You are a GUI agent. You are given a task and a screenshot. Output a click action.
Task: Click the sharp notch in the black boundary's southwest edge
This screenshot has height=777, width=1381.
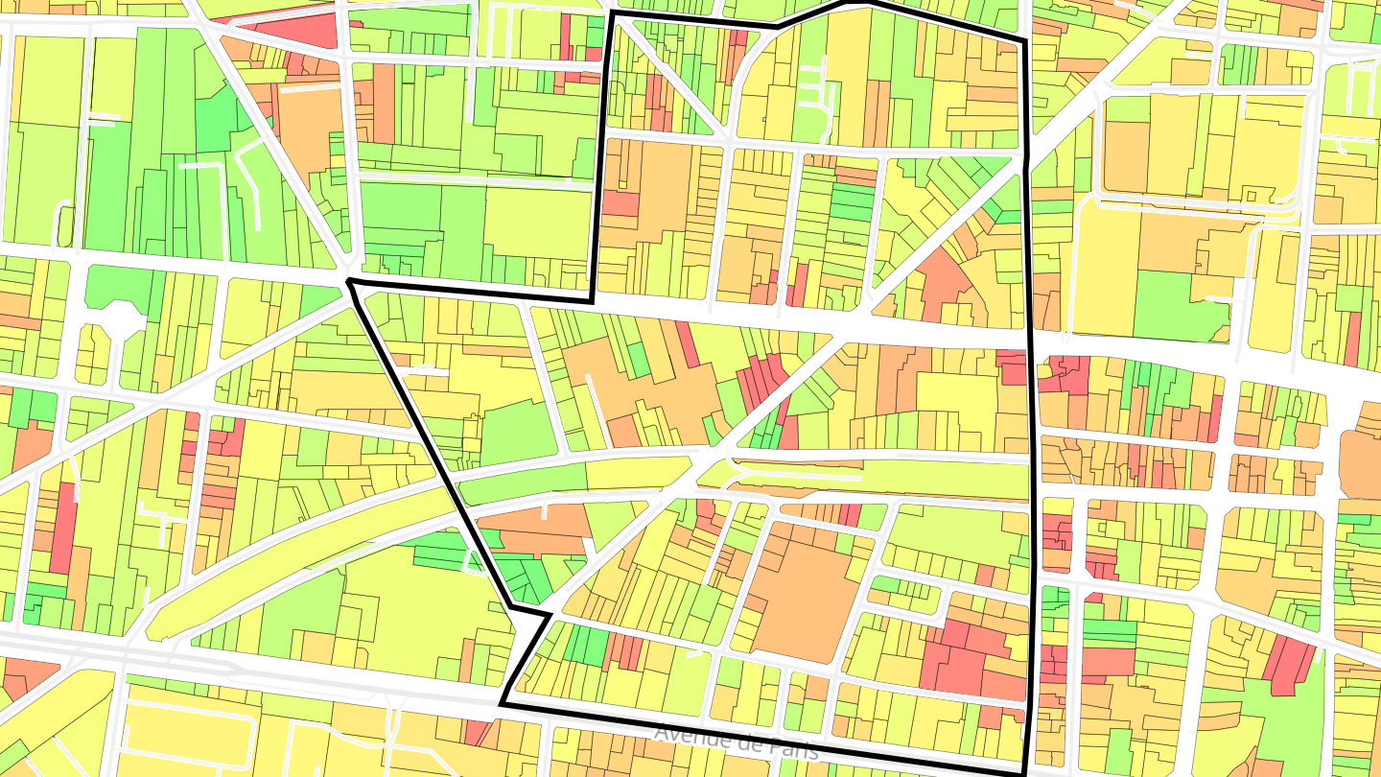point(550,613)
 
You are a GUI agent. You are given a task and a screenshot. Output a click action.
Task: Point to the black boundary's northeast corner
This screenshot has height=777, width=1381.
point(1024,41)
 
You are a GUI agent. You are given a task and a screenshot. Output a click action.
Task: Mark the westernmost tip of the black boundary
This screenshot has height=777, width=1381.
point(349,281)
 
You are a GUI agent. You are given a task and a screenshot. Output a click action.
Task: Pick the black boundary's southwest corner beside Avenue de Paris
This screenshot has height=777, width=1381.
point(502,705)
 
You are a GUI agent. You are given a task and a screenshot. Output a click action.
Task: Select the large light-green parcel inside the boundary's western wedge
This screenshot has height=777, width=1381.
point(518,433)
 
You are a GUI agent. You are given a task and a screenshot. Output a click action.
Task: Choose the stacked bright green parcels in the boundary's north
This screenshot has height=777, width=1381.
point(852,201)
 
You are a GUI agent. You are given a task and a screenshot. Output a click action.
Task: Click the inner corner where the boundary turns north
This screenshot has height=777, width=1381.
point(593,298)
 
